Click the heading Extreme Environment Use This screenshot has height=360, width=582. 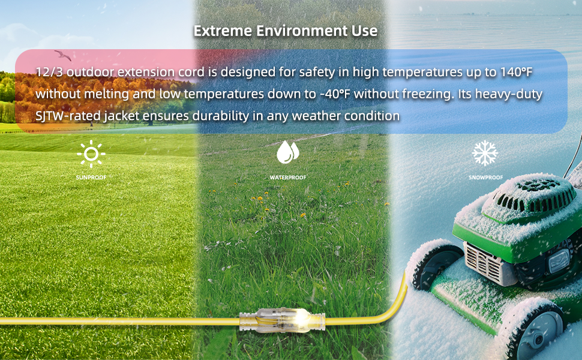[x=285, y=31]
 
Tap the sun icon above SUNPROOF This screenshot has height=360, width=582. [x=91, y=154]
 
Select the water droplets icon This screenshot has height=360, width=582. [x=287, y=152]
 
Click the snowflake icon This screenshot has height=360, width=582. [x=485, y=154]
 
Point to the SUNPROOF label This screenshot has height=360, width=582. [x=91, y=178]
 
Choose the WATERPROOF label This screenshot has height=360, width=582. [x=288, y=178]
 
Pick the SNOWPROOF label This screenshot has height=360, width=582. [x=485, y=178]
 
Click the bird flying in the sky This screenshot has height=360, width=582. [x=62, y=55]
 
